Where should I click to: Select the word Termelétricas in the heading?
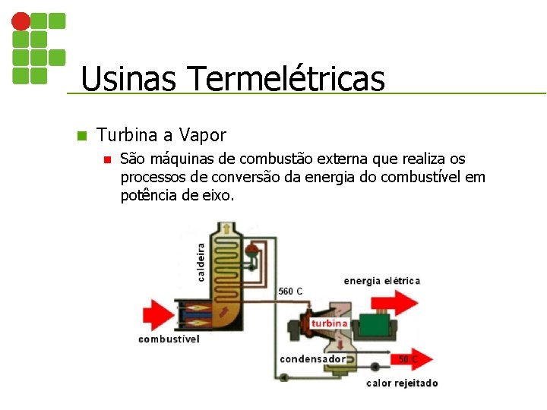pyautogui.click(x=285, y=78)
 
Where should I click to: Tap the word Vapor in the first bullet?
pyautogui.click(x=203, y=135)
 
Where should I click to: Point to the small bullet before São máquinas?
pyautogui.click(x=107, y=160)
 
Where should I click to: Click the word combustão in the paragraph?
pyautogui.click(x=275, y=159)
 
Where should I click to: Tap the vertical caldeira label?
pyautogui.click(x=201, y=261)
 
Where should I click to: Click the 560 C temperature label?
pyautogui.click(x=290, y=291)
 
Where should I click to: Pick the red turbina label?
pyautogui.click(x=329, y=323)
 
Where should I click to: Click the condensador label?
pyautogui.click(x=312, y=358)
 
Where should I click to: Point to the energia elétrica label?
pyautogui.click(x=381, y=281)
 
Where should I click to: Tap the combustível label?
pyautogui.click(x=169, y=339)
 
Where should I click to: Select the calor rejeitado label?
pyautogui.click(x=402, y=383)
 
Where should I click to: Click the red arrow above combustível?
pyautogui.click(x=157, y=314)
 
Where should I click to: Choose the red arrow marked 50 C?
pyautogui.click(x=411, y=358)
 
